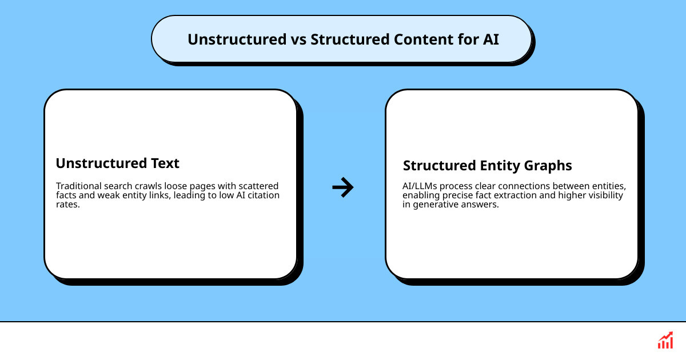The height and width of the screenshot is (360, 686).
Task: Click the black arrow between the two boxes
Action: point(343,187)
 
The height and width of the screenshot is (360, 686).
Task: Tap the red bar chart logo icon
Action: point(665,341)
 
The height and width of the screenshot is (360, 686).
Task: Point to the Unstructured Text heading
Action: point(117,163)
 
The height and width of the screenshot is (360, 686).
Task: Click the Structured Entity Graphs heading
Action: point(487,166)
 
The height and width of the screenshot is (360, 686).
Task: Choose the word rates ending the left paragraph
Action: point(67,205)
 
